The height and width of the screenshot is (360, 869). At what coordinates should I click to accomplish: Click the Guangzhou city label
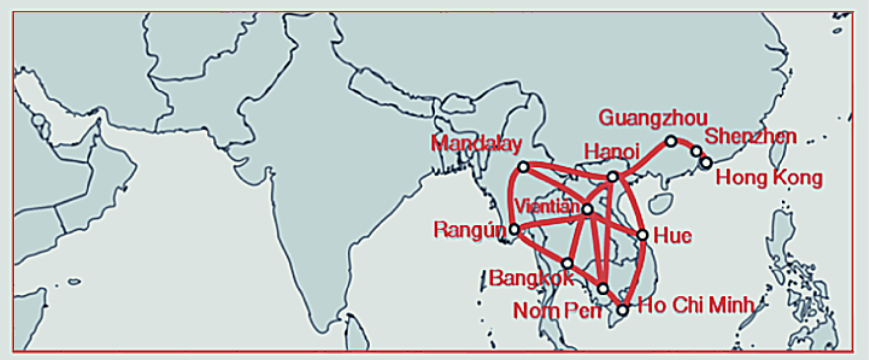tap(653, 118)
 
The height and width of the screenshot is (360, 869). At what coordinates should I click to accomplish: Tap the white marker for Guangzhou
tap(671, 141)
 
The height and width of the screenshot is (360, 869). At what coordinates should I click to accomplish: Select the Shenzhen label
tap(750, 136)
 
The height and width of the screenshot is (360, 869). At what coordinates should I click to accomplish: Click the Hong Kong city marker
tap(706, 162)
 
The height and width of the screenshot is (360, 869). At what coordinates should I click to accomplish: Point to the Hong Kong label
tap(769, 178)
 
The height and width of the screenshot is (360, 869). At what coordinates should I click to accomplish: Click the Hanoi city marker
tap(613, 177)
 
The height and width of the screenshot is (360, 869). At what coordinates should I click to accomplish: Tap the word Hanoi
tap(611, 152)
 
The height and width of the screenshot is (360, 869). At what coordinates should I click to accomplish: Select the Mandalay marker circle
tap(523, 167)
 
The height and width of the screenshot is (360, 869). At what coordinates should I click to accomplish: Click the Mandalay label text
tap(476, 144)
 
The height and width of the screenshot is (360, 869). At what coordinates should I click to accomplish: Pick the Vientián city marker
tap(587, 209)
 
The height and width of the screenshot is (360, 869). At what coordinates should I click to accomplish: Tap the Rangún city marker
tap(514, 229)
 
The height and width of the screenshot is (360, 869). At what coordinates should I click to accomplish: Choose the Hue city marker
tap(642, 235)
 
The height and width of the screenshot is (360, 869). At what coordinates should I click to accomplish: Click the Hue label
tap(672, 235)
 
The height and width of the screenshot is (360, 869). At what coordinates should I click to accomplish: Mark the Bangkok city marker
tap(567, 263)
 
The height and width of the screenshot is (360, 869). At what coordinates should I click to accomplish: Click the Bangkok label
tap(531, 278)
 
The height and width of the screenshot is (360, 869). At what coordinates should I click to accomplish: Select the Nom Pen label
tap(556, 311)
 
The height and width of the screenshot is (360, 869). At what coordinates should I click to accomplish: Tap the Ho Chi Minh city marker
tap(622, 310)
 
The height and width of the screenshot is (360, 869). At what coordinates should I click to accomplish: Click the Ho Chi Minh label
tap(695, 305)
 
